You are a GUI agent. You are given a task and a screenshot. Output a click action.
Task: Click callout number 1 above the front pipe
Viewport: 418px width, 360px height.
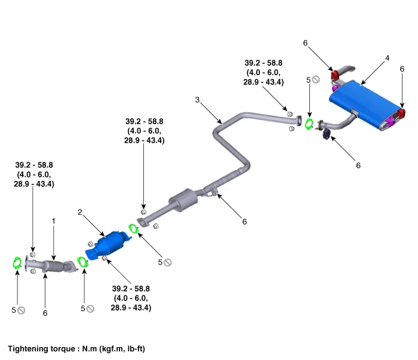(53, 221)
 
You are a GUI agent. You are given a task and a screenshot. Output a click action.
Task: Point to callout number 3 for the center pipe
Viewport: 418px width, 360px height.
(196, 100)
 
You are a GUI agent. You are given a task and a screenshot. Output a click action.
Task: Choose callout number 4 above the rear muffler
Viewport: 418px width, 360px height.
(387, 58)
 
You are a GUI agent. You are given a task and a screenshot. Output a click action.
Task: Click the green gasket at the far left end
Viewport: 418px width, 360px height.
(18, 262)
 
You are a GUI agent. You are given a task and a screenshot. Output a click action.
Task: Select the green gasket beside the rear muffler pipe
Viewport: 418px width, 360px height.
(309, 124)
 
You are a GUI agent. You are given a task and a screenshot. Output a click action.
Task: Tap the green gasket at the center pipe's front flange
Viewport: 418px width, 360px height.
(133, 228)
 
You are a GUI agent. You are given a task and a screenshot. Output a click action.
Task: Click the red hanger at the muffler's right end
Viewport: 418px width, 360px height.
(402, 113)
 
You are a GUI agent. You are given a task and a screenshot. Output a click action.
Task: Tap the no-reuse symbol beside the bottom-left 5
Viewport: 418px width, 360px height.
(21, 310)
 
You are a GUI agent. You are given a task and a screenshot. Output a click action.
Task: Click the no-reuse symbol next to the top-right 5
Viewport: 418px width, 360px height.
(316, 79)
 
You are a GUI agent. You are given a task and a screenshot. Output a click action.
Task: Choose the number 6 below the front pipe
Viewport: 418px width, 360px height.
(45, 312)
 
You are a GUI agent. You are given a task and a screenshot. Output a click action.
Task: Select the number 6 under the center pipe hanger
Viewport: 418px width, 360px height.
(244, 221)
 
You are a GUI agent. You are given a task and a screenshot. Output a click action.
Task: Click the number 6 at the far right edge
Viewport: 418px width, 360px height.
(402, 69)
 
